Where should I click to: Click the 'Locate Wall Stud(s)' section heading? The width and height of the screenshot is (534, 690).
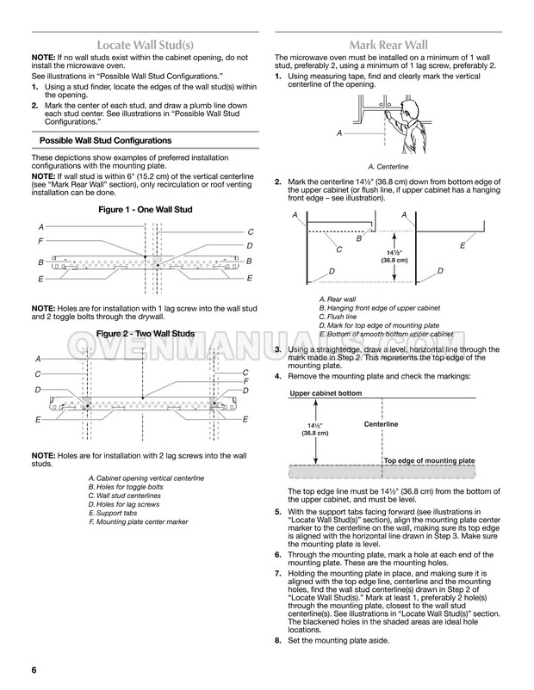[144, 43]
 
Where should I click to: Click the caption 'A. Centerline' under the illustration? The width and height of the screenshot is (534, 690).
[388, 166]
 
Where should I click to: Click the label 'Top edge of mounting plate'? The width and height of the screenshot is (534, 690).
[428, 461]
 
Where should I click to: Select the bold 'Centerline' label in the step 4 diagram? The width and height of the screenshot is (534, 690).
[381, 424]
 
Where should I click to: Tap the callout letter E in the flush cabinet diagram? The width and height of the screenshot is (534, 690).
[462, 246]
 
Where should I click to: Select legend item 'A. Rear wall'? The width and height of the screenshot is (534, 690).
[338, 299]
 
